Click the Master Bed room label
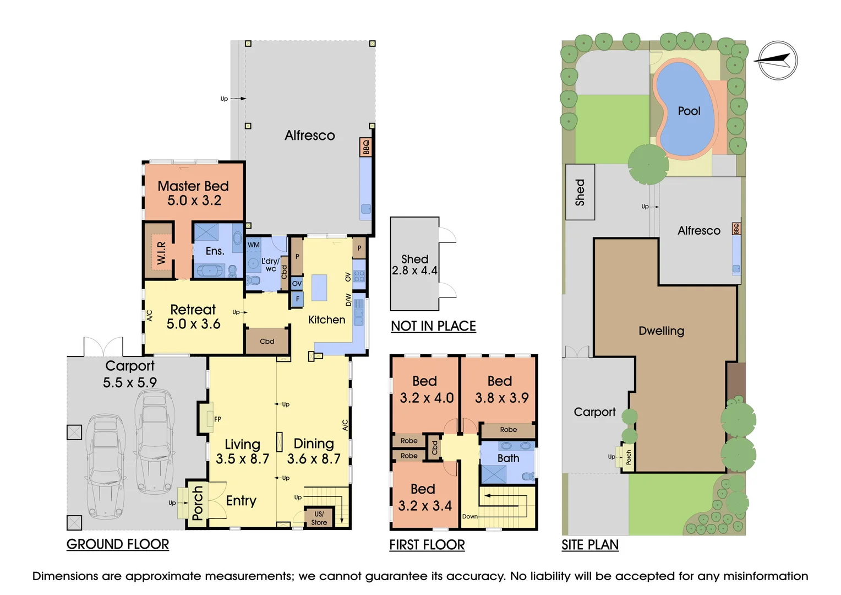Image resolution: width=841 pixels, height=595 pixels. [193, 186]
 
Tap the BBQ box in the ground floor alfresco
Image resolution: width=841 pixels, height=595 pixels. [365, 147]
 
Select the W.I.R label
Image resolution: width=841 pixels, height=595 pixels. [161, 252]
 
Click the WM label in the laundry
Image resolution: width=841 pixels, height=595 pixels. [253, 245]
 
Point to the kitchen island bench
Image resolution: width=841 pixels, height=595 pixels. [319, 288]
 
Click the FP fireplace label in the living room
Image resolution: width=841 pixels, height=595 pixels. [217, 419]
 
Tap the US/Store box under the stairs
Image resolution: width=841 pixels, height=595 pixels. [319, 518]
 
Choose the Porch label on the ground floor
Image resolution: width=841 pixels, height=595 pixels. [198, 503]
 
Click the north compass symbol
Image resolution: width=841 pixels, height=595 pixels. [777, 60]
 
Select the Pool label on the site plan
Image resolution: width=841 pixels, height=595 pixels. [689, 111]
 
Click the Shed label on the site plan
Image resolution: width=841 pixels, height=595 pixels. [580, 192]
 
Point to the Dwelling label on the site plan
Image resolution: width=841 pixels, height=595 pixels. [661, 331]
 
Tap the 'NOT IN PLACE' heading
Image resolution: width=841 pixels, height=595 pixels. [433, 326]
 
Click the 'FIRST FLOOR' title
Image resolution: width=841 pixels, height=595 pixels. [427, 545]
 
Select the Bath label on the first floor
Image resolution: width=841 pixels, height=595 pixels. [508, 458]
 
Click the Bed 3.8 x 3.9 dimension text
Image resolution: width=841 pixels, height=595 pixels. [501, 398]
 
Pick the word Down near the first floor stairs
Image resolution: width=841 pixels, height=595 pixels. [469, 516]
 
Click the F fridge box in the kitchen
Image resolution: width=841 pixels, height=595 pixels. [297, 300]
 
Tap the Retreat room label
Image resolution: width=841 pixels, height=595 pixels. [193, 310]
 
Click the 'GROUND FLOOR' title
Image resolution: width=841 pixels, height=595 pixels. [118, 544]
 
